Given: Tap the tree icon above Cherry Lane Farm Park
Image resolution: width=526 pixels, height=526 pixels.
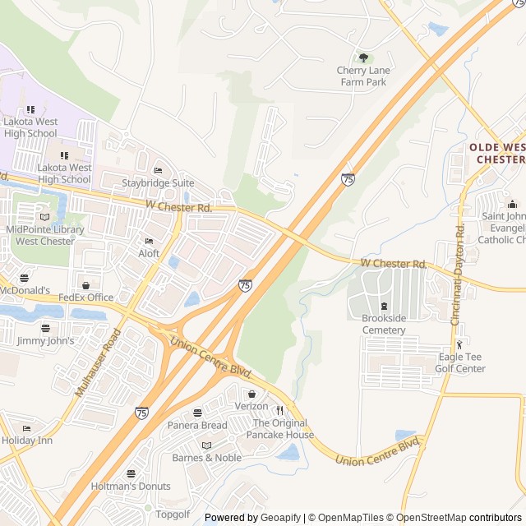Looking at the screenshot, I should pos(363,58).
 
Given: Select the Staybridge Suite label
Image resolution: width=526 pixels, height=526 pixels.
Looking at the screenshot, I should pos(158,182).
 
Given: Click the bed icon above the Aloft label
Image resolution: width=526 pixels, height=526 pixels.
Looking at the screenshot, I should pos(149,241).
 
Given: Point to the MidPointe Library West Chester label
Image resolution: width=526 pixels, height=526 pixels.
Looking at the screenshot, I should pos(44,235).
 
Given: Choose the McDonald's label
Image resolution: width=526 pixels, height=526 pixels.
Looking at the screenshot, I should pos(25,291).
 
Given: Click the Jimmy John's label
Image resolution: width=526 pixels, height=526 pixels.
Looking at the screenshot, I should pos(45,340).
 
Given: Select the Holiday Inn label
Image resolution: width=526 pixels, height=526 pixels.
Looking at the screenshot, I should pos(26,440).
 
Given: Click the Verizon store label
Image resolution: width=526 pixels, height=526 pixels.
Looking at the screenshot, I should pos(251,406).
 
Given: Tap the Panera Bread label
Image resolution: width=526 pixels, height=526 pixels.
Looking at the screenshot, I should pos(197,425).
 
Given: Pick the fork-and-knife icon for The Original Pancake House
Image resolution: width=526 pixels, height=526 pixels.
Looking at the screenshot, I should pos(279,410).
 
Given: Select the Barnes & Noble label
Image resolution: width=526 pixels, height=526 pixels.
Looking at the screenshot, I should pos(206,458).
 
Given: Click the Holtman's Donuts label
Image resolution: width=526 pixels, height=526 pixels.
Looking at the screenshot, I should pos(131,486).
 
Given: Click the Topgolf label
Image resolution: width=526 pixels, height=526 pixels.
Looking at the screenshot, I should pos(173,514).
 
